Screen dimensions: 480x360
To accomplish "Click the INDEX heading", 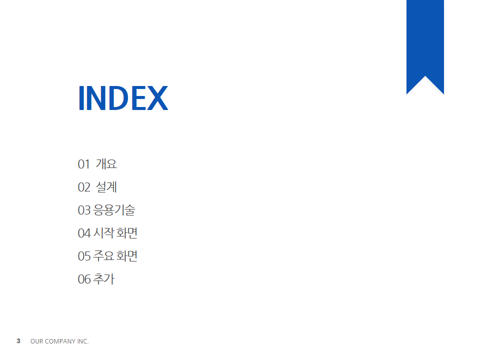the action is click(x=123, y=97).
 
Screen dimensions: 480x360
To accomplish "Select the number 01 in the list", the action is click(x=84, y=164).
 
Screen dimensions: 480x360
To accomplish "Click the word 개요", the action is click(x=106, y=164).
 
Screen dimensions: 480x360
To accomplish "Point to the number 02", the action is click(x=84, y=187).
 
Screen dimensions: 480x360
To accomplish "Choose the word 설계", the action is click(x=106, y=186).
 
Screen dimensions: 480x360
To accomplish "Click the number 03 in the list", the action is click(x=84, y=210).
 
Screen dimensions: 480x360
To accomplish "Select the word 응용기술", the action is click(x=114, y=210).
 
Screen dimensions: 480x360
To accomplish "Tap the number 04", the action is click(x=84, y=233).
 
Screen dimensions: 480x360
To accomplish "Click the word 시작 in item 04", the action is click(x=104, y=233).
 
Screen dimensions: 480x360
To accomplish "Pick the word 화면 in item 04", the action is click(x=127, y=233).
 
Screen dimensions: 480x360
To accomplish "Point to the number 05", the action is click(x=84, y=256).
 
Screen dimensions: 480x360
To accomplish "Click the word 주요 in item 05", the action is click(x=104, y=255).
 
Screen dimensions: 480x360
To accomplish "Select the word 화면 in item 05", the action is click(x=127, y=256).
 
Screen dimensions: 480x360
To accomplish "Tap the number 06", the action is click(x=84, y=279).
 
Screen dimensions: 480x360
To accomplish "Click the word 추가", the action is click(x=104, y=279).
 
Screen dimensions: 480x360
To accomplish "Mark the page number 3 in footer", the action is click(x=18, y=341).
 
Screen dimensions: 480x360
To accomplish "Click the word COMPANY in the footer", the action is click(x=60, y=341).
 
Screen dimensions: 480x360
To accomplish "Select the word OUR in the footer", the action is click(x=36, y=341).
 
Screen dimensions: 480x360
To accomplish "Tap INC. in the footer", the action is click(x=82, y=341).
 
